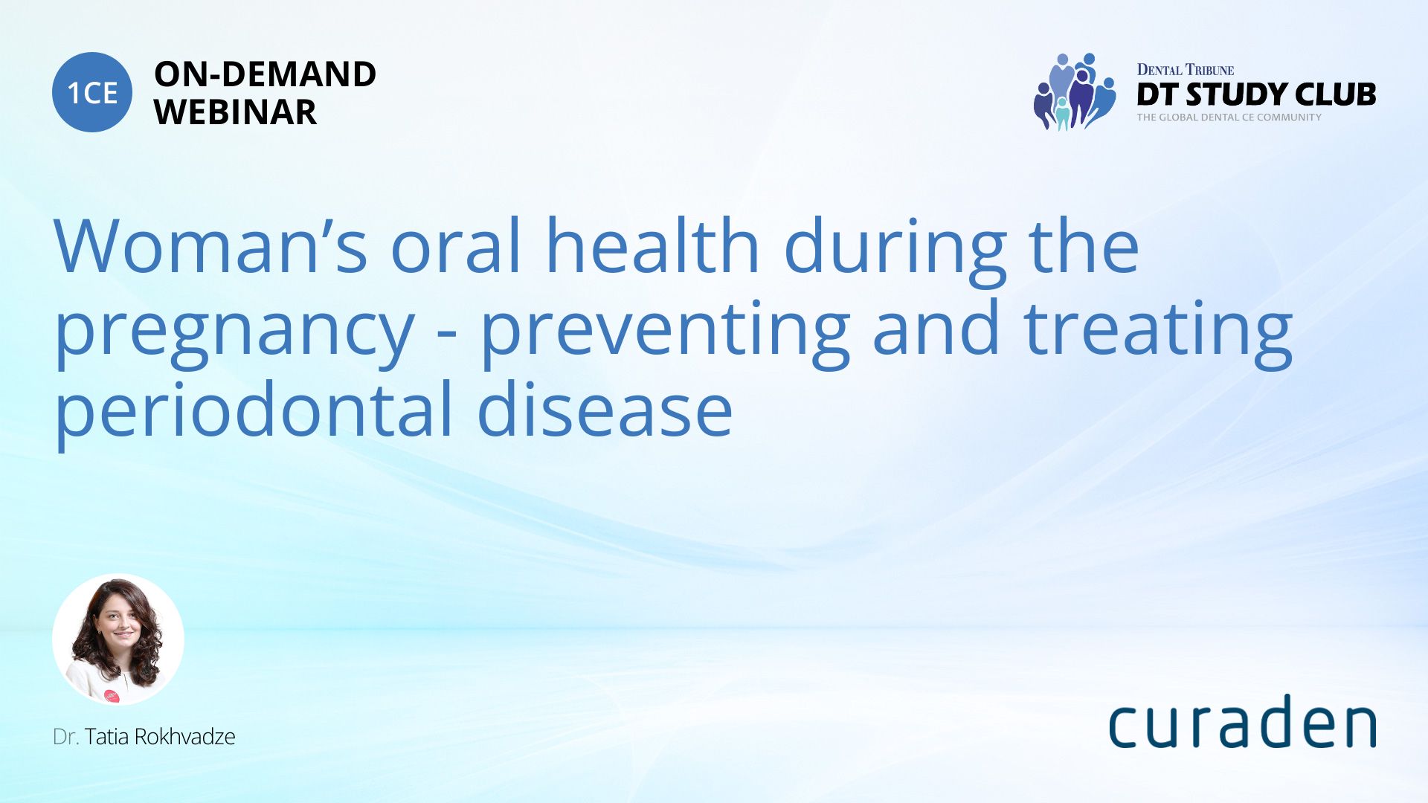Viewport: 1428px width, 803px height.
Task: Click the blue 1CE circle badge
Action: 92,92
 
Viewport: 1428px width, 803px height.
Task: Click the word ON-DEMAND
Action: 265,74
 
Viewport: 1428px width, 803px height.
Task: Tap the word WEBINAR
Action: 235,112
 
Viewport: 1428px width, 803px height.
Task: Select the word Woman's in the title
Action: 210,245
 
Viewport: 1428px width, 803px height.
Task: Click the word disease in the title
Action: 605,408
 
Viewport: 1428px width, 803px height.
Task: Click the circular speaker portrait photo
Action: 118,639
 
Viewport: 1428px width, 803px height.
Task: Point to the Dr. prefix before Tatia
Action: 65,736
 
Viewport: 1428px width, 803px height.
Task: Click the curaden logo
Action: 1242,721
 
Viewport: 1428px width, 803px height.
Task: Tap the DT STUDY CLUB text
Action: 1256,94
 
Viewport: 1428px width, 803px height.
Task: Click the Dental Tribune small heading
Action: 1186,70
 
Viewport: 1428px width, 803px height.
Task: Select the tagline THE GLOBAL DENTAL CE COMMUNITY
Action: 1229,117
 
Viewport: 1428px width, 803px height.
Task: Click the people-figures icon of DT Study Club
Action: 1075,91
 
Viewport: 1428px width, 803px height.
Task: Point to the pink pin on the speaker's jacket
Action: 112,696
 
